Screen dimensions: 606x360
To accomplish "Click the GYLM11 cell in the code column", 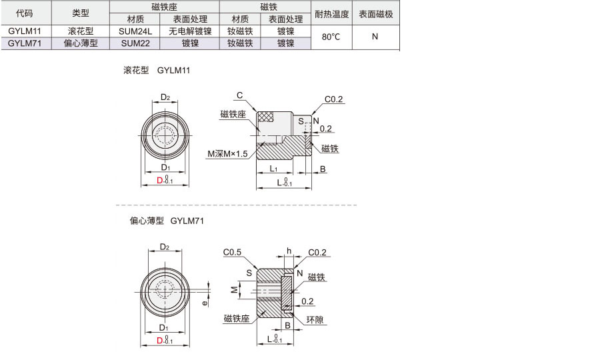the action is point(25,31).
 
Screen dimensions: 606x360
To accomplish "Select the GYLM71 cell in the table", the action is point(25,43).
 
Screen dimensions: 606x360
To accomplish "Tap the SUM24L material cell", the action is point(135,31).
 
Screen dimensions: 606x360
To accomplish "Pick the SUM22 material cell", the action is point(135,43).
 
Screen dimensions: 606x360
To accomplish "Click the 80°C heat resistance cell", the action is point(331,37).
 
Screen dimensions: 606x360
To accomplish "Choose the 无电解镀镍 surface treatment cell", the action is point(190,31).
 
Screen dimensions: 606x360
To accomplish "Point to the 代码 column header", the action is point(24,13).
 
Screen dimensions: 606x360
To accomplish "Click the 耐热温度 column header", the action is point(331,14).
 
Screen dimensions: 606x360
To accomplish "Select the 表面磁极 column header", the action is point(375,14).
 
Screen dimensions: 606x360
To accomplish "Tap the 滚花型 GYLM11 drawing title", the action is point(157,71).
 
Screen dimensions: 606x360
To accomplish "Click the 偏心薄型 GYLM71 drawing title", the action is point(167,221).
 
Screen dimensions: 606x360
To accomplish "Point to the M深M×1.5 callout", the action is point(227,154).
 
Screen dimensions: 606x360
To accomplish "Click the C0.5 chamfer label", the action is point(232,252).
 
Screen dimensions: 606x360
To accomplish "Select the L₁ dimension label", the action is point(273,169).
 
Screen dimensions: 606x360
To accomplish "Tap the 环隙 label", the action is point(315,320).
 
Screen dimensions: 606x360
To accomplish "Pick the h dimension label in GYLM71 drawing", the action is point(289,251).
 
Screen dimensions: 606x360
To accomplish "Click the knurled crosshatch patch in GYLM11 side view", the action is point(265,117).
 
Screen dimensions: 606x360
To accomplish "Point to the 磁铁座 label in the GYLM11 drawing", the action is point(233,114).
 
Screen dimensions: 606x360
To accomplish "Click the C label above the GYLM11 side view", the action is point(239,95).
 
